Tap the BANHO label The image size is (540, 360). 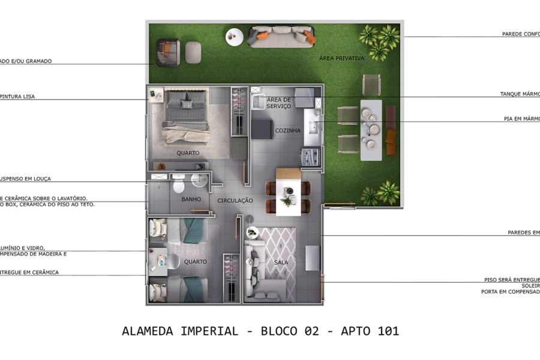[x=191, y=199]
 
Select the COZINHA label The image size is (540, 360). [x=288, y=130]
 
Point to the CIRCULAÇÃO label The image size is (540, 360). [x=235, y=200]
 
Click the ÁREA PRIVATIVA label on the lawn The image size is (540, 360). [x=342, y=58]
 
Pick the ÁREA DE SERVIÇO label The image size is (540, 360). [x=278, y=103]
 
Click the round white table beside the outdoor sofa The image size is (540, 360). [x=235, y=37]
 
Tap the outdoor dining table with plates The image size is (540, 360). [x=371, y=129]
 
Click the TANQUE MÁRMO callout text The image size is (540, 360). [x=520, y=94]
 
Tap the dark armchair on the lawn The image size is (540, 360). [x=168, y=52]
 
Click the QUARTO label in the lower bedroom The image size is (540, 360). [x=196, y=262]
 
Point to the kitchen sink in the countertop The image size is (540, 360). [x=312, y=127]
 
